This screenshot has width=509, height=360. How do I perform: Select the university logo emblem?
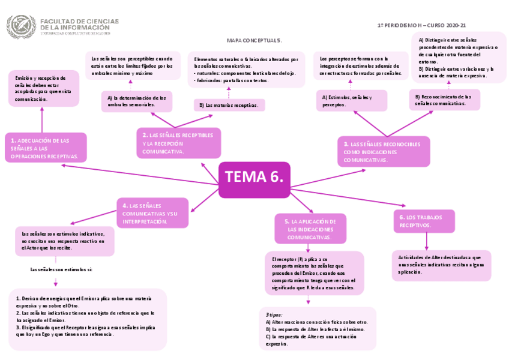[x=21, y=26]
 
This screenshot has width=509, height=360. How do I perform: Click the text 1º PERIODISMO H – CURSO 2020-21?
[x=421, y=26]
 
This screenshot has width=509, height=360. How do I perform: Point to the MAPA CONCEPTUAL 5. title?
[x=254, y=40]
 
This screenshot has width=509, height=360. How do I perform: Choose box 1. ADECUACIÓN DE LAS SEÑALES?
[x=46, y=148]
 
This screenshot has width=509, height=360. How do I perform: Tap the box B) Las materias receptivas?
[x=229, y=105]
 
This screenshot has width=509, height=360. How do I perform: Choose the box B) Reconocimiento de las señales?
[x=445, y=100]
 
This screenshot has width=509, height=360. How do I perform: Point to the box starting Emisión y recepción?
[x=44, y=88]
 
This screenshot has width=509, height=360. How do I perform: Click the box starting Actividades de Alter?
[x=441, y=265]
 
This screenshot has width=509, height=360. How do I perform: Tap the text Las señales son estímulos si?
[x=61, y=270]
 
